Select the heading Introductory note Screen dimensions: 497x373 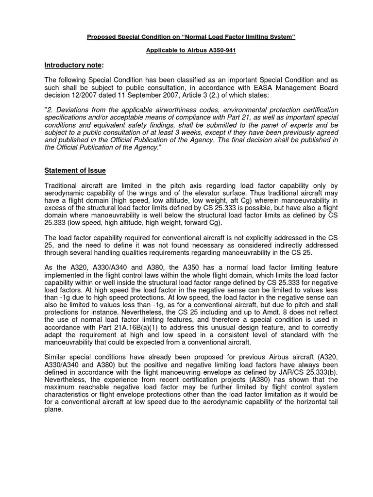pos(74,65)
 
